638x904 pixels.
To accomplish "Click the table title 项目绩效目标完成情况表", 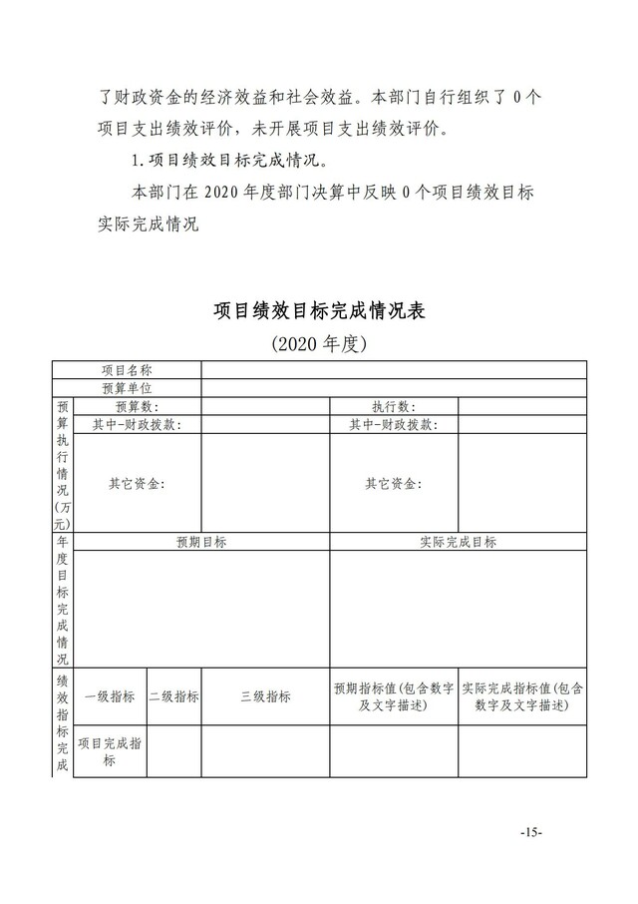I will tap(320, 310).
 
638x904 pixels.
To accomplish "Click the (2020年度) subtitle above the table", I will tap(320, 345).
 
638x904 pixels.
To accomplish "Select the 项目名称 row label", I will tap(127, 370).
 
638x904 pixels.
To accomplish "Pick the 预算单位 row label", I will tap(127, 388).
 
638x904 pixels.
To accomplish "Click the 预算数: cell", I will tap(138, 406).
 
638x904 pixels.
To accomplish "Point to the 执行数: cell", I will tap(394, 406).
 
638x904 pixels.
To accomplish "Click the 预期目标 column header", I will tap(201, 542).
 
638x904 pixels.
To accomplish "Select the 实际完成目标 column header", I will tap(459, 542).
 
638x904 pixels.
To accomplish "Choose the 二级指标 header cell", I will tap(173, 696).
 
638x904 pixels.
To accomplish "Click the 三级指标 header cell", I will tap(265, 696).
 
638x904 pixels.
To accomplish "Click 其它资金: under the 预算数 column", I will tap(138, 484).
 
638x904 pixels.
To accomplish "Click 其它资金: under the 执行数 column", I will tap(394, 484).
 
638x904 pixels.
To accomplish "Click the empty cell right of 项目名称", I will tap(394, 370).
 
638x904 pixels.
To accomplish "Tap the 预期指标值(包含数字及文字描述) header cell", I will tap(394, 696).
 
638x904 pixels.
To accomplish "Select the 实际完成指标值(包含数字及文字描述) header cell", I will tap(522, 696).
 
